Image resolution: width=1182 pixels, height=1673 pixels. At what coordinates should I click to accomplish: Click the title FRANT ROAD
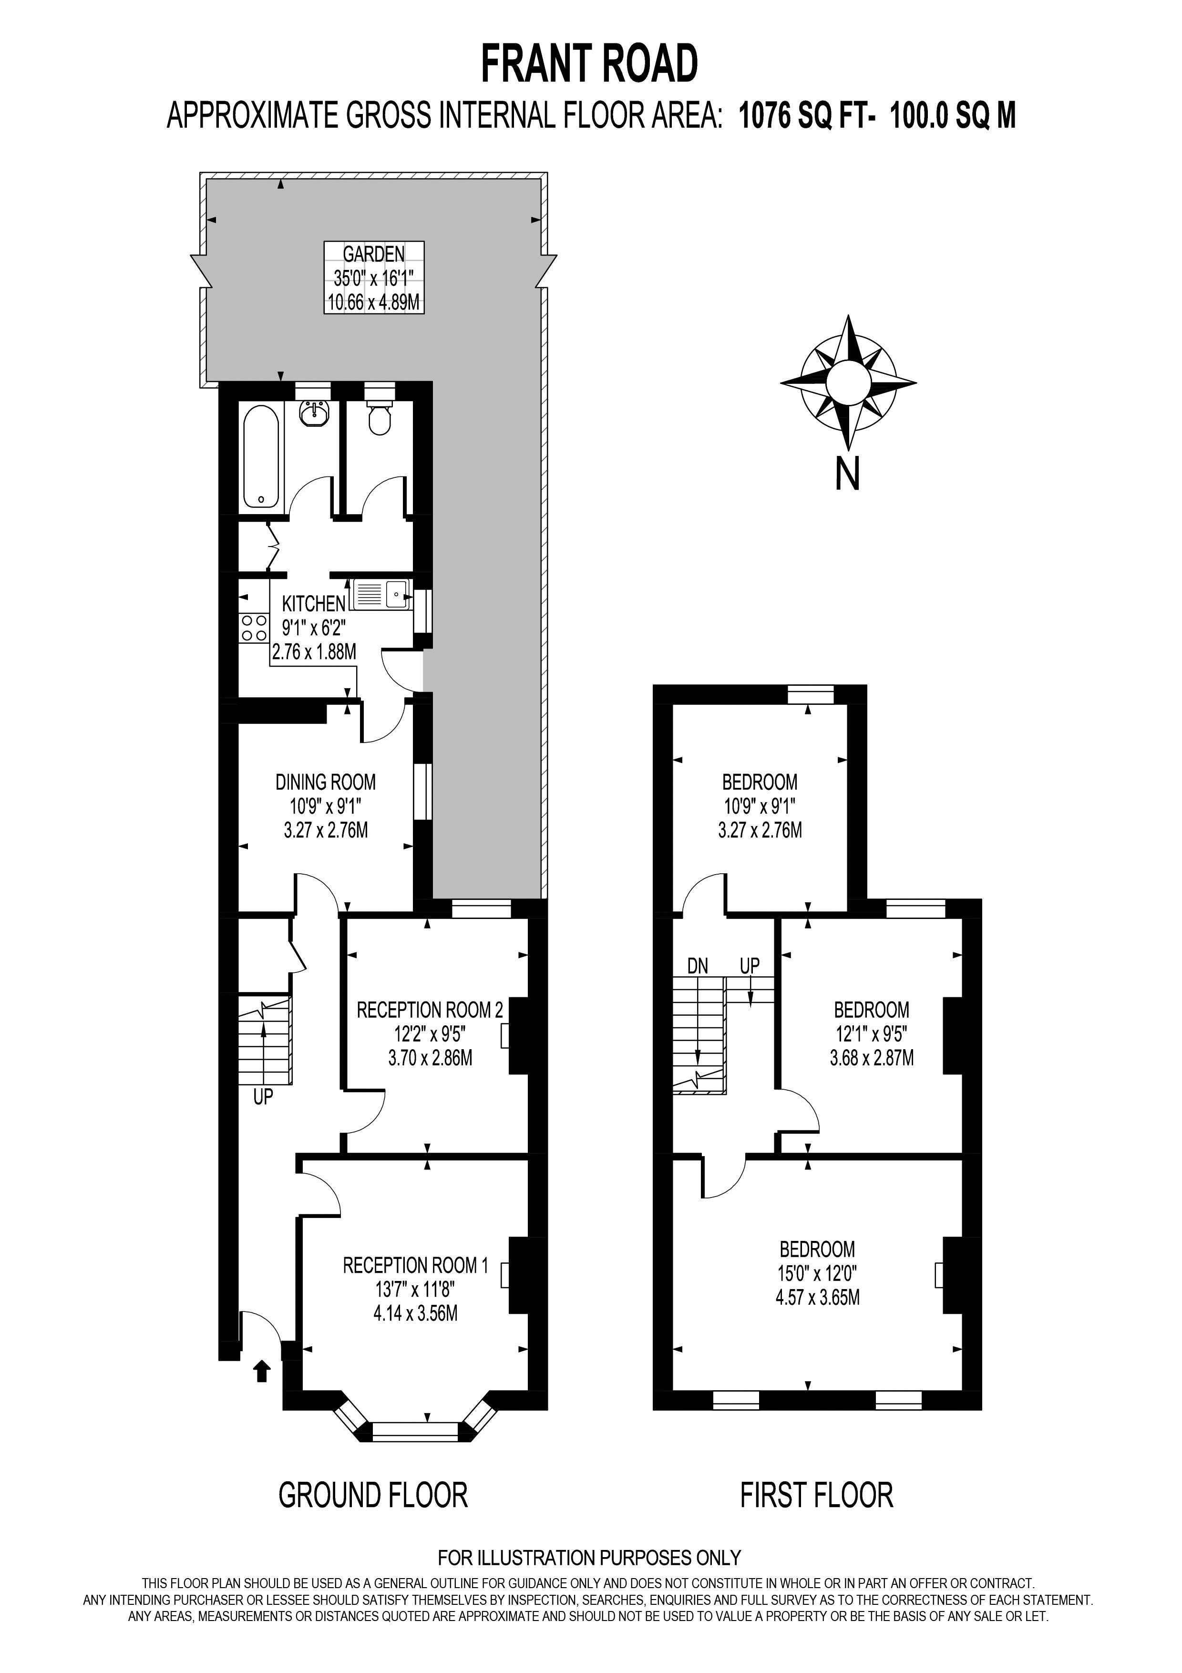[589, 64]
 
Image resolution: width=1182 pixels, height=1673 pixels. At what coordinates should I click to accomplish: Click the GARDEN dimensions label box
[374, 278]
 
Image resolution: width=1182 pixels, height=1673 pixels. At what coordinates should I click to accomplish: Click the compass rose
[848, 382]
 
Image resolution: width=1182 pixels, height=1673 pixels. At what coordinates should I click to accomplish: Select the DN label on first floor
[698, 966]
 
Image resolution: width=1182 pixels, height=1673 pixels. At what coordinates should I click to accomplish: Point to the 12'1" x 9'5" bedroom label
[871, 1033]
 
